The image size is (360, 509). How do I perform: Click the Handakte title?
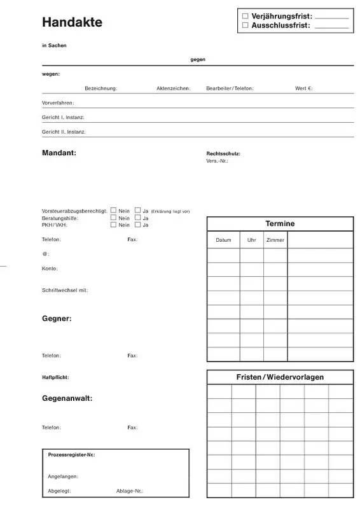point(72,22)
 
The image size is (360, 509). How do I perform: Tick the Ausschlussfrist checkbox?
point(246,25)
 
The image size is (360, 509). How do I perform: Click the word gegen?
point(198,59)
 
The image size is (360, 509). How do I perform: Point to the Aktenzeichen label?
point(173,88)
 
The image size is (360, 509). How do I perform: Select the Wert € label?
point(303,88)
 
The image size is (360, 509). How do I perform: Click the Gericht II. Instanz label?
point(64,132)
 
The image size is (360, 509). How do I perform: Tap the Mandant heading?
point(59,153)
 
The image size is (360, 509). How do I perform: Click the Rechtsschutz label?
point(223,154)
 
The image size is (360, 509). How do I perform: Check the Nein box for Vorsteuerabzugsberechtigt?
point(113,210)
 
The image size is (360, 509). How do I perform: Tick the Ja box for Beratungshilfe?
point(137,218)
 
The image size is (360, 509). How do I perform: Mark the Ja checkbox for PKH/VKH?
point(137,225)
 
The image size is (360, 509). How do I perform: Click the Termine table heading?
point(280,224)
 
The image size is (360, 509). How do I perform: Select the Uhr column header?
point(251,240)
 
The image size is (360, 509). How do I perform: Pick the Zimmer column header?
point(275,240)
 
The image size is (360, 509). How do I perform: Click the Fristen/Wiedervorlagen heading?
point(280,377)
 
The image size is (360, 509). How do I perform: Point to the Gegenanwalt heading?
point(67,398)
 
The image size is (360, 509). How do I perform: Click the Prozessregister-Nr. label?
point(72,456)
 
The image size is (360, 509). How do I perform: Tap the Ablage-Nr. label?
point(130,491)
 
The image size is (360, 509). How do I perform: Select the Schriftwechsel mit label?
point(65,290)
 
